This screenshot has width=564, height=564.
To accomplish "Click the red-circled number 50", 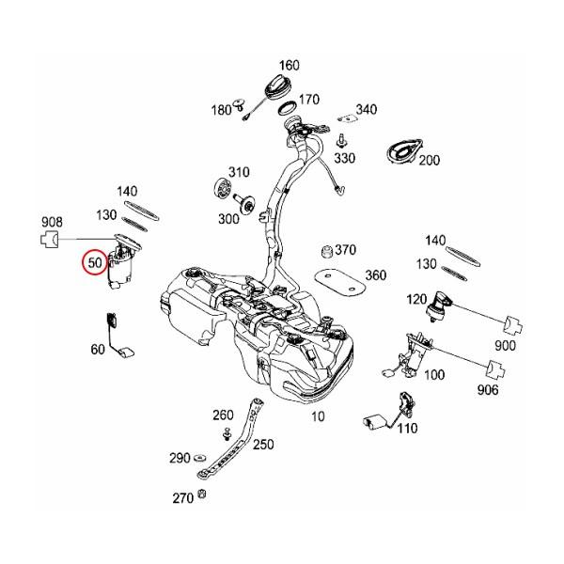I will (x=94, y=262).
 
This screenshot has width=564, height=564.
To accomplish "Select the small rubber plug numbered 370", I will (x=328, y=250).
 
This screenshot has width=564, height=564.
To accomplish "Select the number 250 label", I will (x=264, y=444).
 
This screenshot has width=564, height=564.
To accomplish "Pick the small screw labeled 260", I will (x=227, y=433).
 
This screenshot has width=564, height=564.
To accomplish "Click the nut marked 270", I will (x=203, y=495).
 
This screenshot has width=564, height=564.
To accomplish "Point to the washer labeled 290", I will (x=202, y=460).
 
